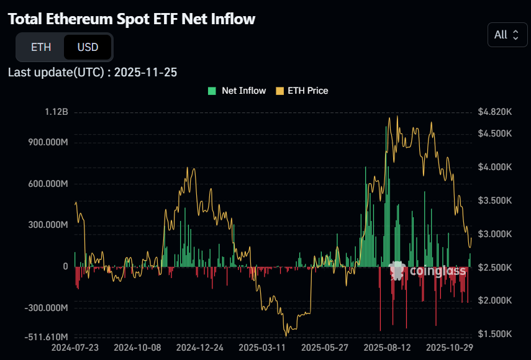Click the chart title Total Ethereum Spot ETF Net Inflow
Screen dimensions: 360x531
(x=132, y=19)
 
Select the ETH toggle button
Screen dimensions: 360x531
(x=41, y=47)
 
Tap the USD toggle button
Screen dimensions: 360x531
(x=88, y=47)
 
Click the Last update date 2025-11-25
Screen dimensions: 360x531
(x=145, y=72)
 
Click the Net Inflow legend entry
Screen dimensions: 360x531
(x=237, y=91)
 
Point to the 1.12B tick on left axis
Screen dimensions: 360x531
(x=57, y=112)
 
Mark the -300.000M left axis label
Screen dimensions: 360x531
(x=45, y=308)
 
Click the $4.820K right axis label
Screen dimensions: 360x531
(x=494, y=112)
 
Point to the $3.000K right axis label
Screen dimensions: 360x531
(x=494, y=234)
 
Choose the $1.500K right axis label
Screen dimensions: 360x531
(x=494, y=334)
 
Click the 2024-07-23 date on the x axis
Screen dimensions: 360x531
(x=76, y=348)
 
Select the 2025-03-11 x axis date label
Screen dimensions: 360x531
(x=262, y=348)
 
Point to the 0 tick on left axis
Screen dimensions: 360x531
(x=65, y=266)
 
